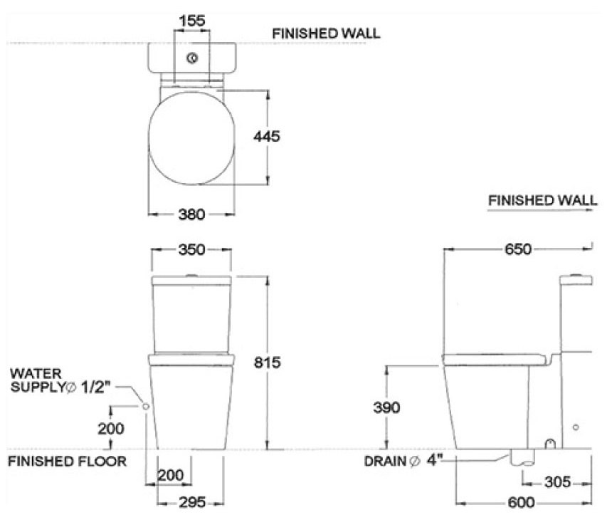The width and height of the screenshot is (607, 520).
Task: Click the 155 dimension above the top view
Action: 192,21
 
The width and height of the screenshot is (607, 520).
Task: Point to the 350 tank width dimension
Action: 192,249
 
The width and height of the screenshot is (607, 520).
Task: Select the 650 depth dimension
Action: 518,249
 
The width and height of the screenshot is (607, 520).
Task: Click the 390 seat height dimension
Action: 386,407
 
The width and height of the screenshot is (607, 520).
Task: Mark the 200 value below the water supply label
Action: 111,429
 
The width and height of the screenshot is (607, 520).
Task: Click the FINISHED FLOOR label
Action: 67,461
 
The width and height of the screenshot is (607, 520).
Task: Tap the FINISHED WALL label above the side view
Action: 542,201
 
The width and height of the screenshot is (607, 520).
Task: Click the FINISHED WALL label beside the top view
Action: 327,33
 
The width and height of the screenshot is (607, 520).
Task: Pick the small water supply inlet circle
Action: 145,405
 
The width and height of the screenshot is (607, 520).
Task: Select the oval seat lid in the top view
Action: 192,137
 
